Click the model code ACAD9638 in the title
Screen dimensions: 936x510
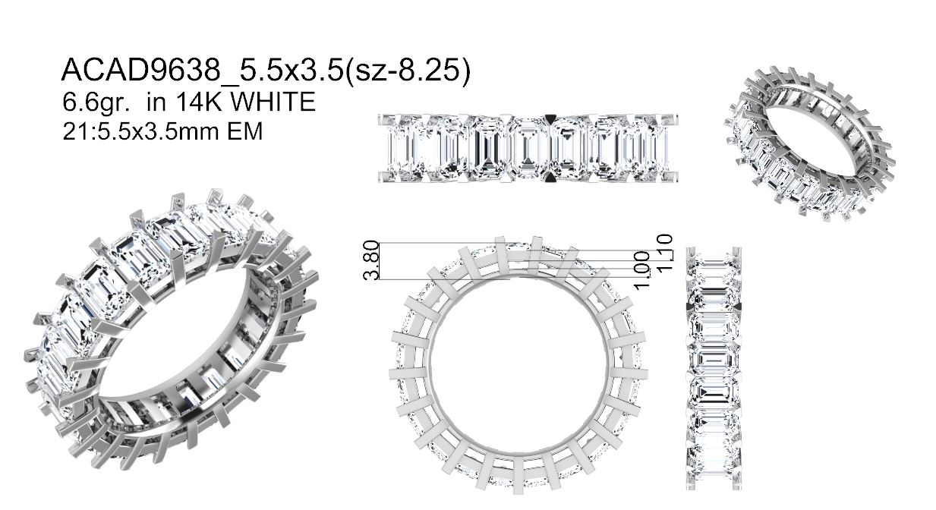(141, 70)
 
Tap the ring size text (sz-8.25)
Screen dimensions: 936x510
(408, 70)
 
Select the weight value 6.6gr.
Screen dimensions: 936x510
(96, 102)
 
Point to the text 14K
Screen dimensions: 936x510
(200, 102)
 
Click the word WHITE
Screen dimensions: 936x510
(273, 102)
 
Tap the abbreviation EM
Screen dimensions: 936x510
(245, 131)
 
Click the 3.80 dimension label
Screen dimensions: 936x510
(371, 260)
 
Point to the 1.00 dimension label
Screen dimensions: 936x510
(642, 271)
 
